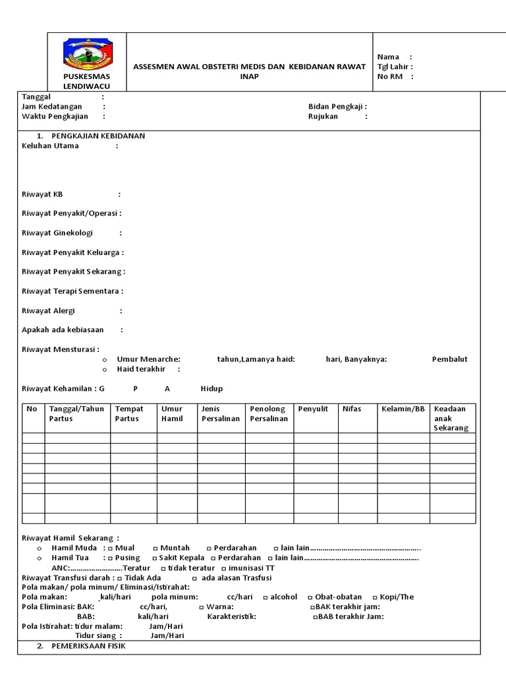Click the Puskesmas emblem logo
[x=87, y=55]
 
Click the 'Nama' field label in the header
[x=387, y=57]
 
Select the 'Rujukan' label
[x=323, y=116]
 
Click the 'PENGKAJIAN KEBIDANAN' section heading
[x=98, y=136]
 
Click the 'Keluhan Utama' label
[x=50, y=146]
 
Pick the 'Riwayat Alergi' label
[x=48, y=310]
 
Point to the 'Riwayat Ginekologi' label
[x=57, y=233]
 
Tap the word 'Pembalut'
[x=449, y=359]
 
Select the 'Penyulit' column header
[x=313, y=409]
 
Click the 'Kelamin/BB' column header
[x=403, y=409]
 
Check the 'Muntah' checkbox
[x=155, y=548]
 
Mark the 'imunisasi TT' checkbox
[x=224, y=568]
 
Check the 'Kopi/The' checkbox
[x=374, y=597]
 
